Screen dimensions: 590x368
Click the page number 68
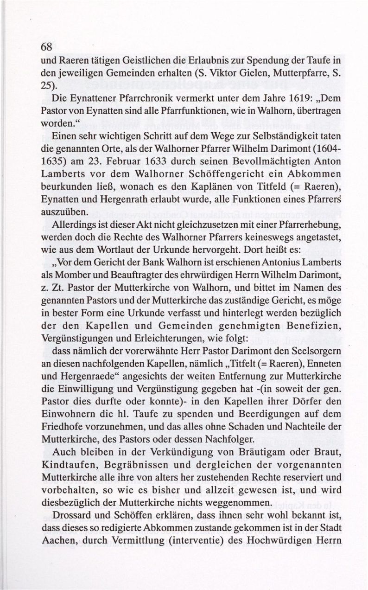(x=46, y=46)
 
